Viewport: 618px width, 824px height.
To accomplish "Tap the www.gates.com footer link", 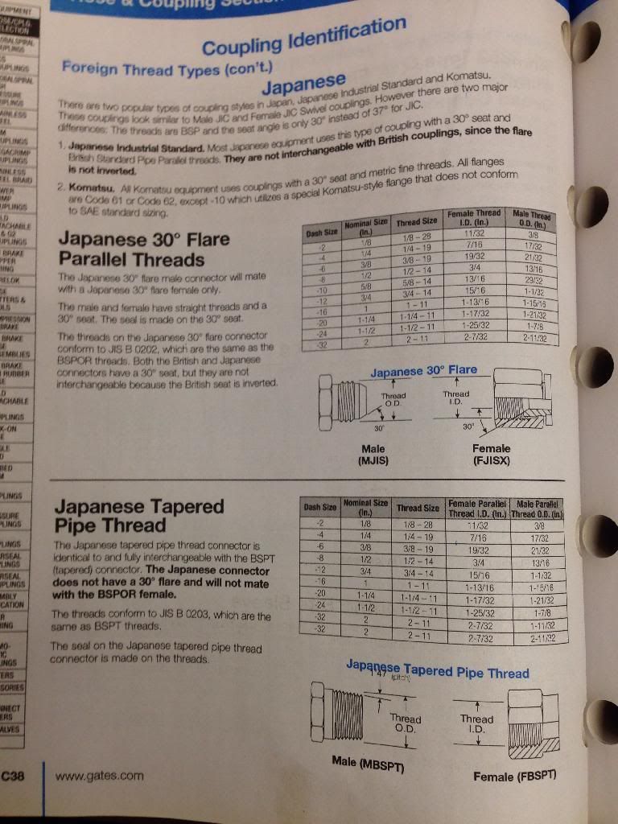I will [99, 776].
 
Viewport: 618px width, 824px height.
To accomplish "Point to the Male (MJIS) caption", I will [373, 455].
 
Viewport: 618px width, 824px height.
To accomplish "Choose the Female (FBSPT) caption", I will [514, 776].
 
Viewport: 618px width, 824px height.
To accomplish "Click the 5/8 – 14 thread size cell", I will [418, 282].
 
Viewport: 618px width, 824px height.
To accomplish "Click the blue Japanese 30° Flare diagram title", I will [423, 371].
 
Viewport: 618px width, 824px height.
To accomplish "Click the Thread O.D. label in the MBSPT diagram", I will [405, 723].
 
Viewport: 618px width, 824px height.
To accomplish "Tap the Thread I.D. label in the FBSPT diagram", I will [476, 723].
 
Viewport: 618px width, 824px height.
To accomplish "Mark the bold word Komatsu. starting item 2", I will [87, 184].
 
